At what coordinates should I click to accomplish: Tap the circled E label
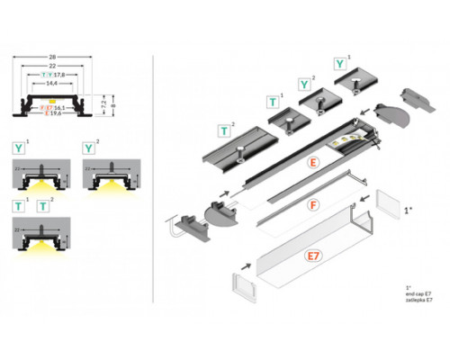point(312,163)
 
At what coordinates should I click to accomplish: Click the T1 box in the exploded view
point(271,103)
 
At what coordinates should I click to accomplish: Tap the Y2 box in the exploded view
point(306,85)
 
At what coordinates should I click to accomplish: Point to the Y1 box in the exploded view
point(339,64)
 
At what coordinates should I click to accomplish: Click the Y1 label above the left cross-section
point(18,146)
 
